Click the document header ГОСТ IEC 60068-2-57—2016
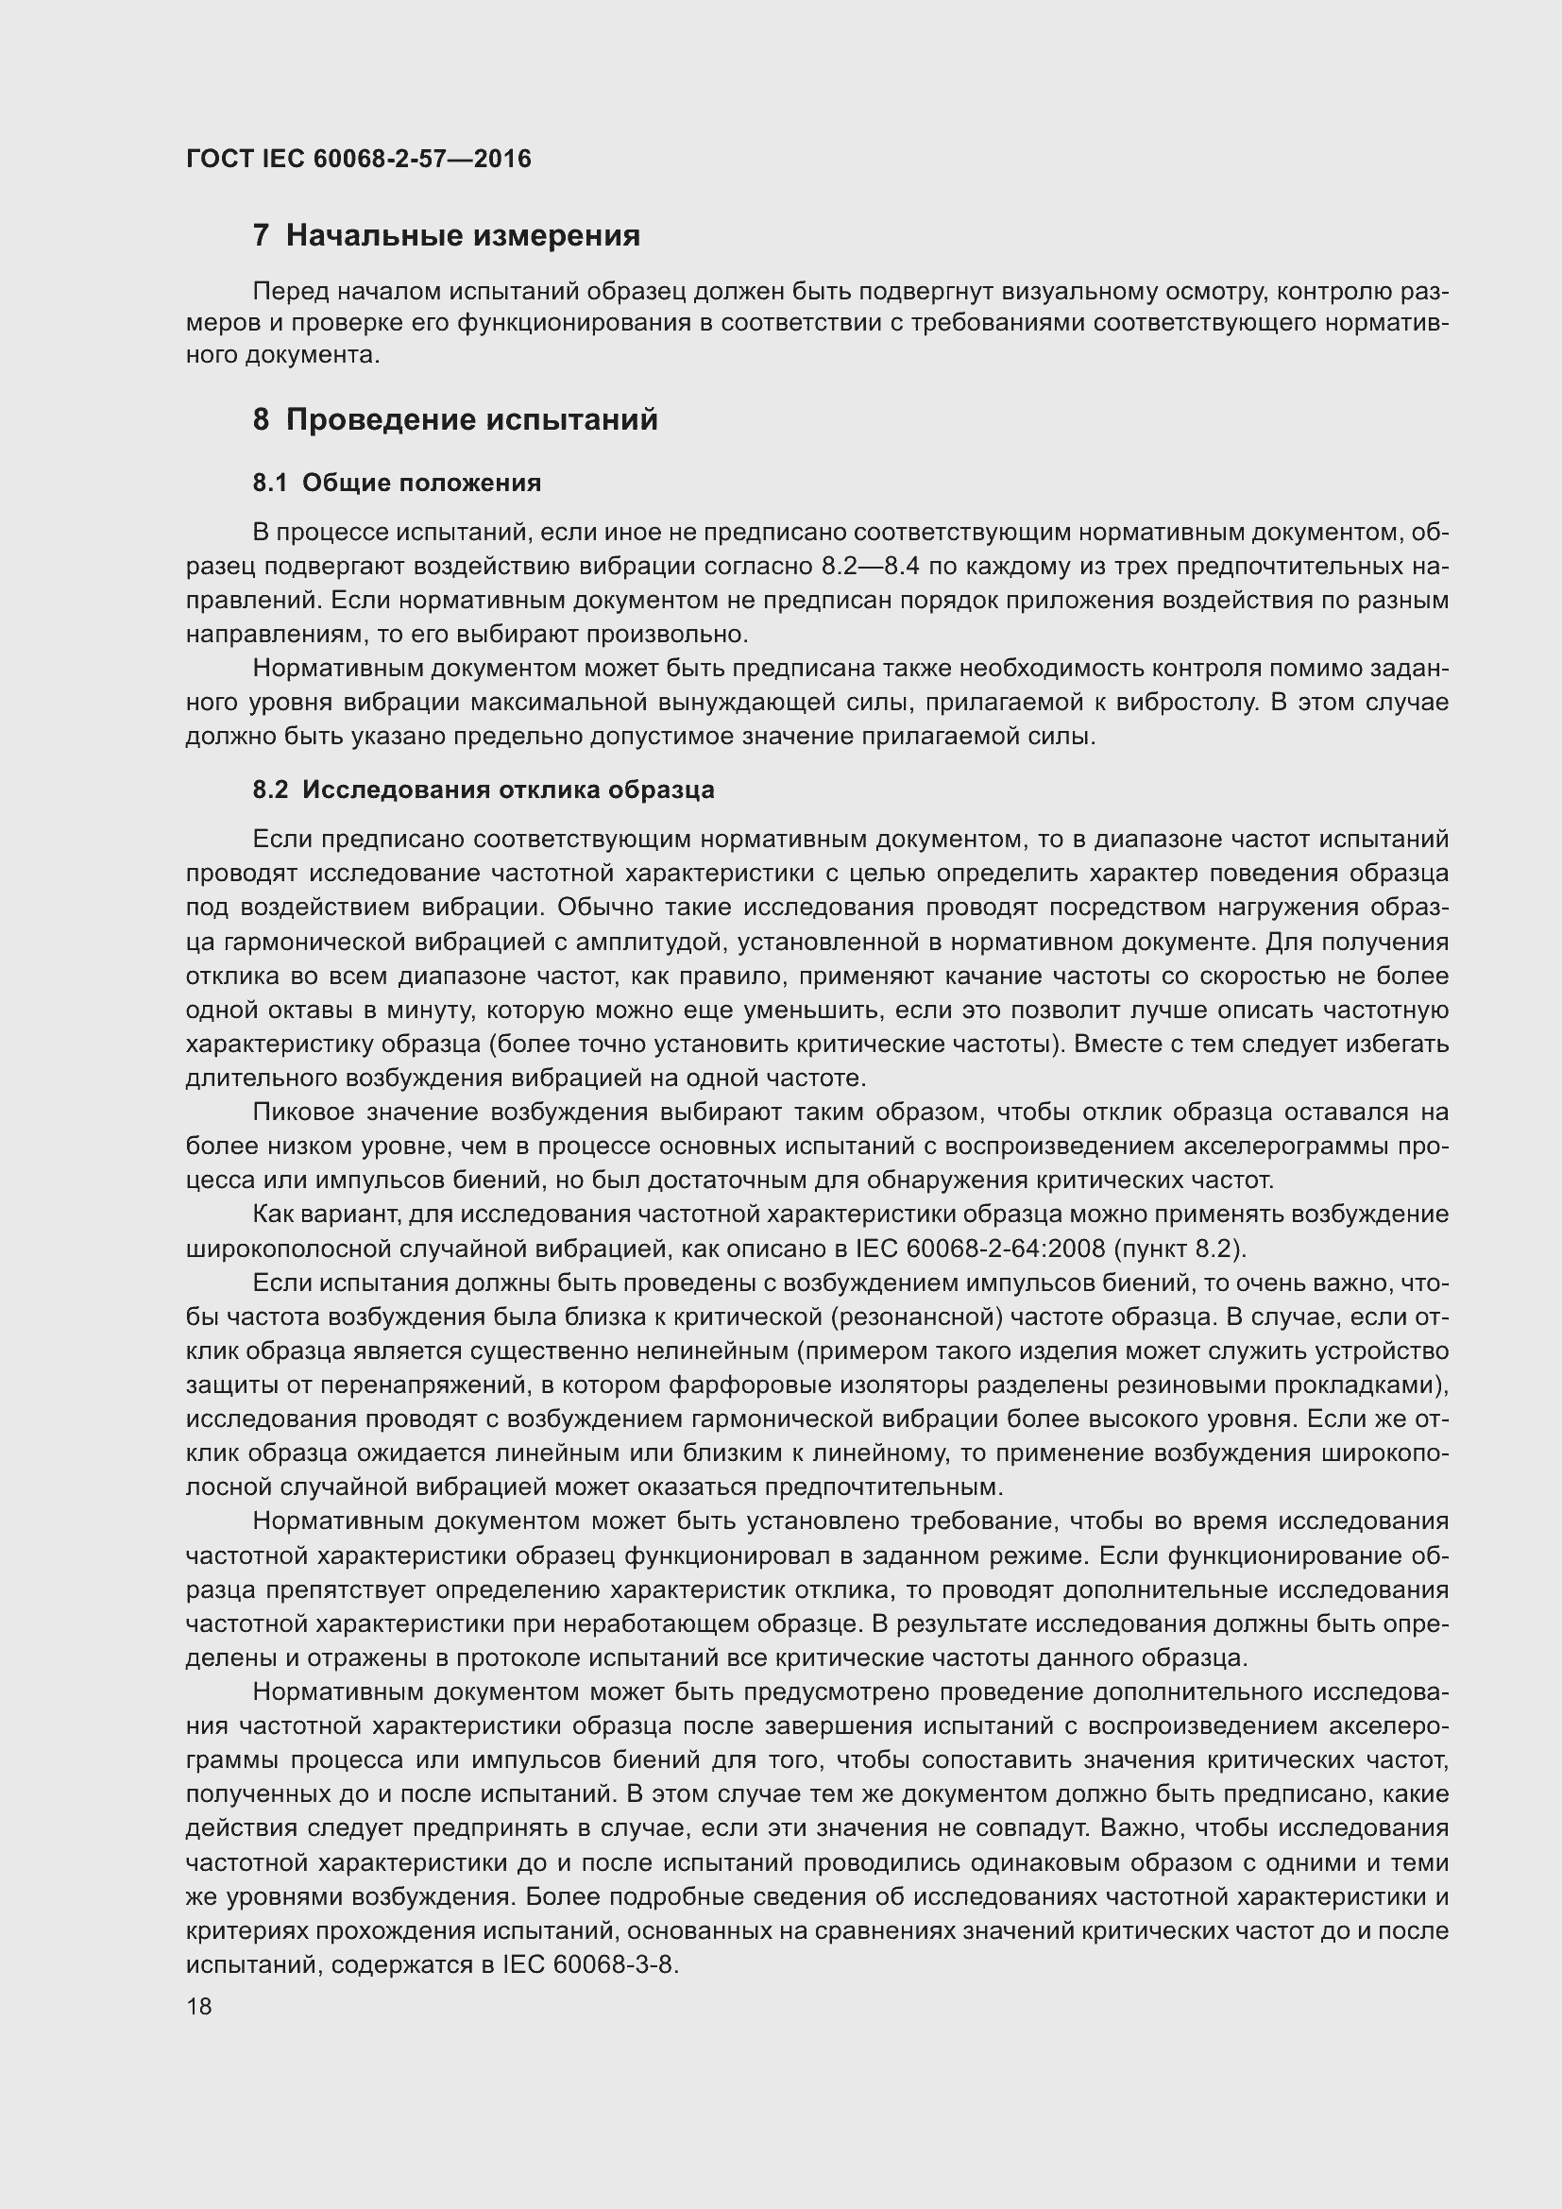click(358, 159)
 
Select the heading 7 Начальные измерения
click(447, 236)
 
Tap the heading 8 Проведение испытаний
click(455, 420)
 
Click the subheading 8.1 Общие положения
click(397, 483)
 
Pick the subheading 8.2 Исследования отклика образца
click(483, 790)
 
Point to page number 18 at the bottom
click(199, 2006)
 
